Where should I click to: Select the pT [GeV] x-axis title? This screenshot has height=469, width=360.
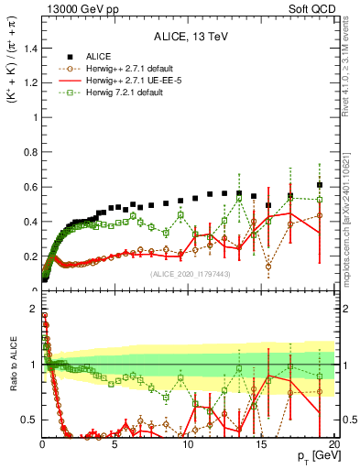click(x=315, y=456)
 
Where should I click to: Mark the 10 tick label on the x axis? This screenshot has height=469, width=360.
click(x=188, y=444)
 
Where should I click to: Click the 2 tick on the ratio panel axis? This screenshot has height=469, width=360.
click(x=33, y=309)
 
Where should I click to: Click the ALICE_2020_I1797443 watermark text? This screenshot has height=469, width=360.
click(x=189, y=274)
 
